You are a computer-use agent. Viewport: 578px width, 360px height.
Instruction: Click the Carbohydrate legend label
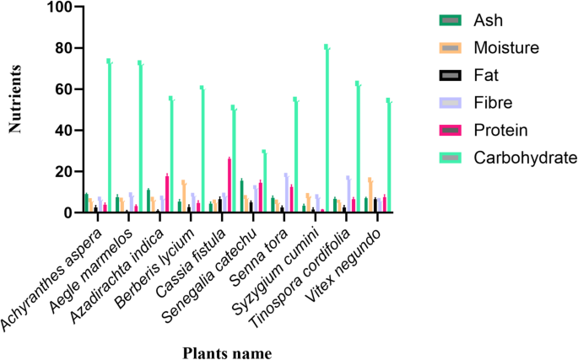[x=524, y=157]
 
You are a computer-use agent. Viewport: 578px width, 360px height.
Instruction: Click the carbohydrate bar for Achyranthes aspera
[x=109, y=135]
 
